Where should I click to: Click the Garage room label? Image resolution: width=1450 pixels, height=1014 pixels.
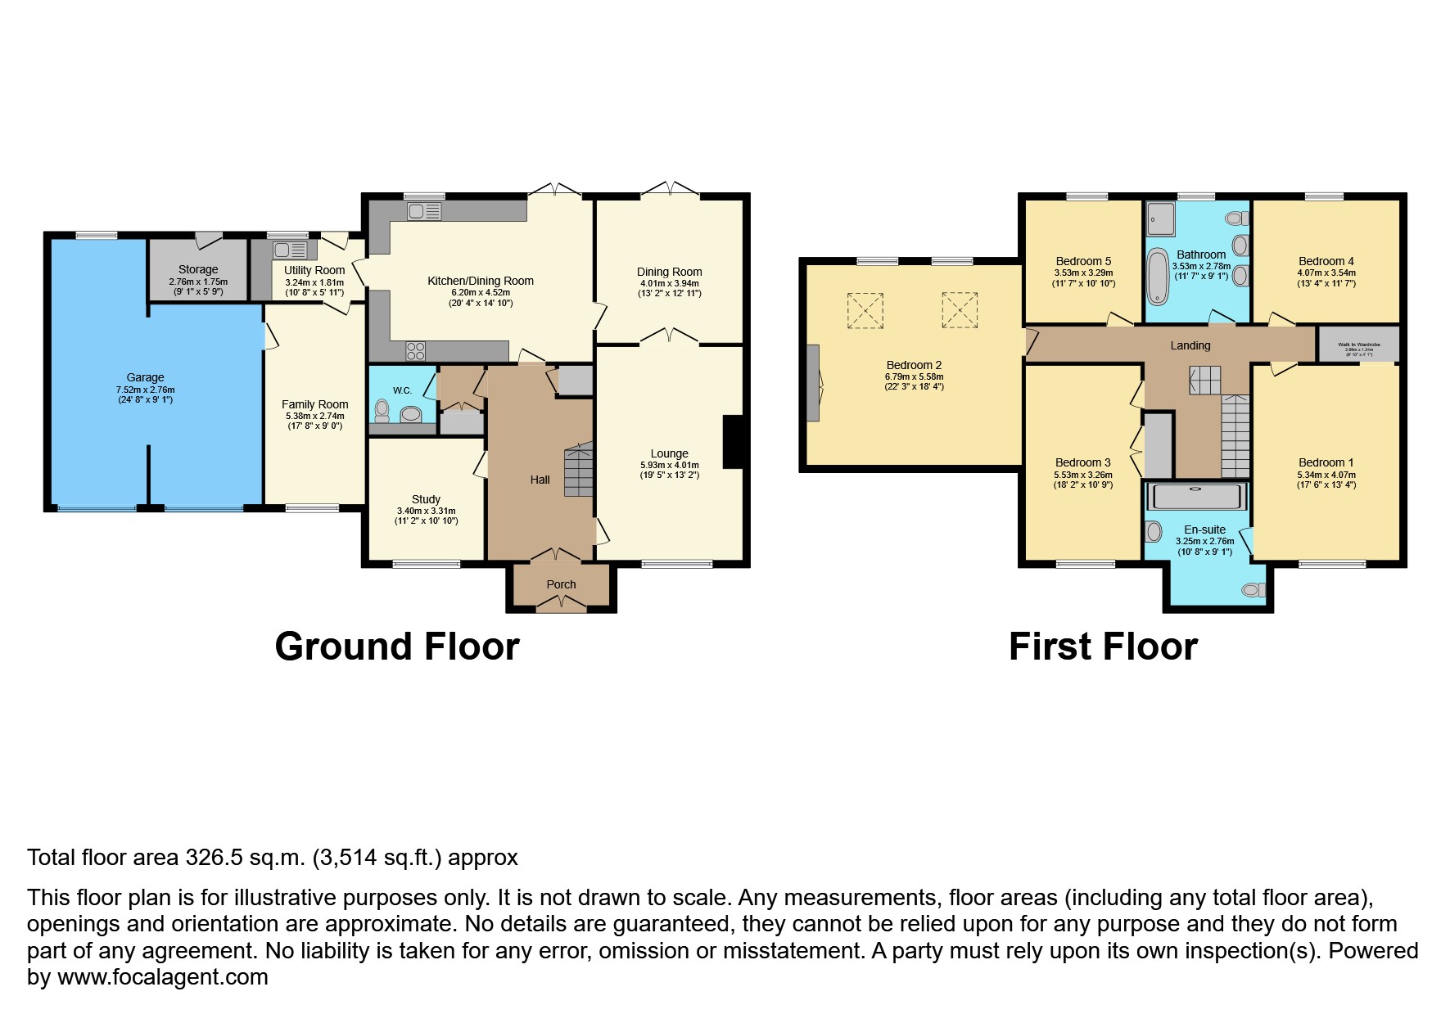(145, 377)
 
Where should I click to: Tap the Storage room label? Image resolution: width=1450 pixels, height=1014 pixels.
(198, 269)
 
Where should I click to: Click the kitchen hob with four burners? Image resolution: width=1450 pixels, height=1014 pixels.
(416, 351)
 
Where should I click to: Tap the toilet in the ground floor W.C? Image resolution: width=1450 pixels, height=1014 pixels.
(382, 409)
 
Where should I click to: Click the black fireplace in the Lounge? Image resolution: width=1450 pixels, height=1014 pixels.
(733, 442)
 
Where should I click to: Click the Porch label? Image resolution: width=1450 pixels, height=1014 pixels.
(561, 584)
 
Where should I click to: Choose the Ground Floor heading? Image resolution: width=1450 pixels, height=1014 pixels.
(397, 647)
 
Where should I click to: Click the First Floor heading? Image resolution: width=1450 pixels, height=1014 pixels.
(1103, 647)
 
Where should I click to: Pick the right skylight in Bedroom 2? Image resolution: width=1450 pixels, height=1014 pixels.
(960, 309)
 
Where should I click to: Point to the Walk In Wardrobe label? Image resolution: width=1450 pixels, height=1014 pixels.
(1358, 345)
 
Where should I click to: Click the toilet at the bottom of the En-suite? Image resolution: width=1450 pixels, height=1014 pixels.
(1253, 589)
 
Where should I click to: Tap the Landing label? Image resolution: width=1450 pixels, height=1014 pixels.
(1190, 345)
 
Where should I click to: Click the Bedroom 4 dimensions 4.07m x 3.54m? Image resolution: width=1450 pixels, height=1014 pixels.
(1326, 273)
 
